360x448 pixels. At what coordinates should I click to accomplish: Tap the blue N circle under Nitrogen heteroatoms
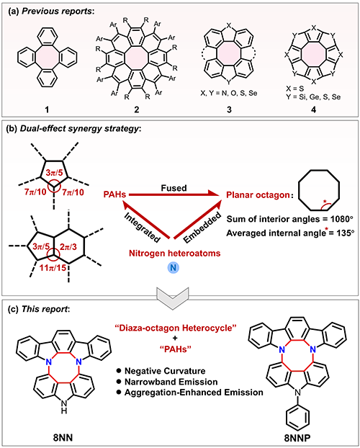click(174, 268)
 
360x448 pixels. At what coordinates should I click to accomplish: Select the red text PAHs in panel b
click(116, 195)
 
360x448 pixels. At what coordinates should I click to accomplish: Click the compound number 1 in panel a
click(48, 109)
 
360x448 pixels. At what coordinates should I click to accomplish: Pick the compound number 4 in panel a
click(313, 109)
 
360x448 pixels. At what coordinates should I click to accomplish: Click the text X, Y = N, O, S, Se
click(229, 94)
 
